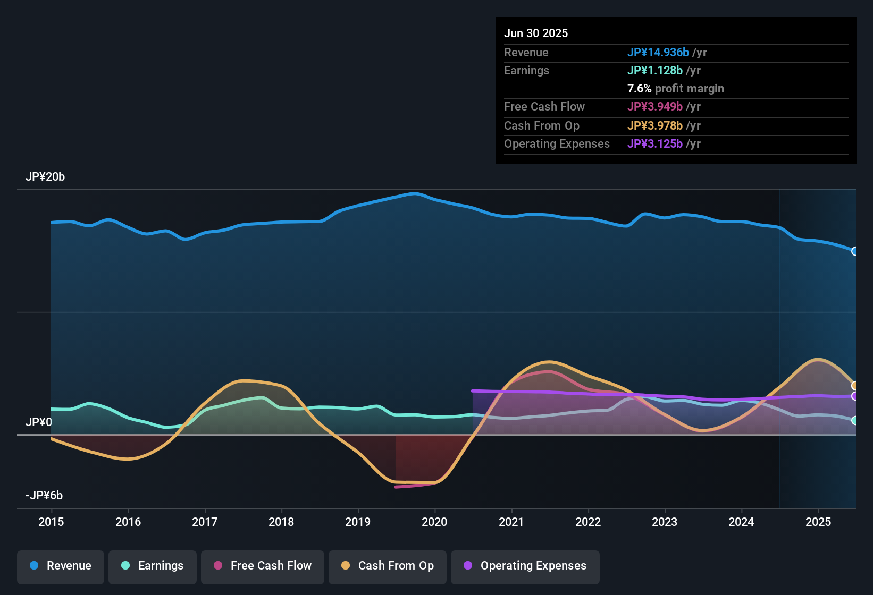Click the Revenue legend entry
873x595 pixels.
coord(61,566)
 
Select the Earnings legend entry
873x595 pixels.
coord(153,566)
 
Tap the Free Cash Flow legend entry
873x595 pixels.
coord(263,566)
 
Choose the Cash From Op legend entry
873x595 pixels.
coord(388,566)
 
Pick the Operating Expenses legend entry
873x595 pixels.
coord(525,566)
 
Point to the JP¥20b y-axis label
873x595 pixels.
coord(45,177)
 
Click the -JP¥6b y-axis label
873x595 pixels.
coord(44,496)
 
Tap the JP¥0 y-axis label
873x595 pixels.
coord(39,422)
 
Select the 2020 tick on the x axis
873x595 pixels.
coord(434,522)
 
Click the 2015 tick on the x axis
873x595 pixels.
coord(51,522)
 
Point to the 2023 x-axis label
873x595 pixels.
coord(665,522)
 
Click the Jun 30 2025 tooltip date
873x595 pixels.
coord(536,33)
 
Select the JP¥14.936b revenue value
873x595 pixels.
coord(658,52)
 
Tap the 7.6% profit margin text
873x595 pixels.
coord(675,89)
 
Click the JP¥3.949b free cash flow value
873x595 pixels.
coord(654,107)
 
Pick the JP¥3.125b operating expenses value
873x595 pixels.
coord(654,144)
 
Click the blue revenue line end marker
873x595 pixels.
coord(854,251)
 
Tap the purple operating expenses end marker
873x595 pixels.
coord(854,396)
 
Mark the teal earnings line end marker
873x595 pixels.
coord(854,420)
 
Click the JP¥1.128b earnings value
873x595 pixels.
coord(654,71)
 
